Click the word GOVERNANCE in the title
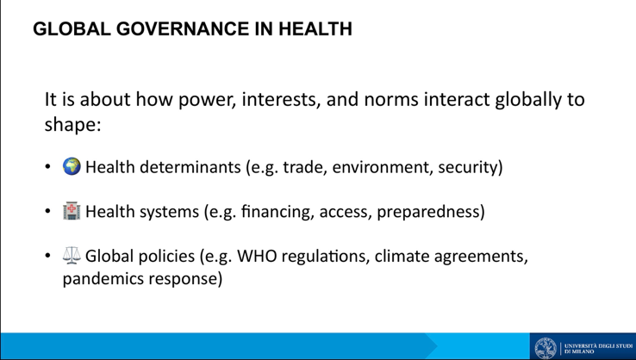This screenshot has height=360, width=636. (183, 28)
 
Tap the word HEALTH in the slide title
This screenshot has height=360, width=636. (315, 28)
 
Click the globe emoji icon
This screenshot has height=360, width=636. (72, 166)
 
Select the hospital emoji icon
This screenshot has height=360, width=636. (72, 211)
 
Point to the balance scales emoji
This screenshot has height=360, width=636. (72, 256)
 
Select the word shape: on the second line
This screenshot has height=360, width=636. (72, 124)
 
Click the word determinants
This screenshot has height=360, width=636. (190, 167)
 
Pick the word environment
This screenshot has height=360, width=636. (381, 167)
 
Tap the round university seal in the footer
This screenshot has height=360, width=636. (546, 348)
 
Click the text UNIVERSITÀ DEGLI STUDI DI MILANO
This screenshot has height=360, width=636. (598, 348)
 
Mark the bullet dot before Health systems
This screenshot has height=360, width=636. (48, 211)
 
